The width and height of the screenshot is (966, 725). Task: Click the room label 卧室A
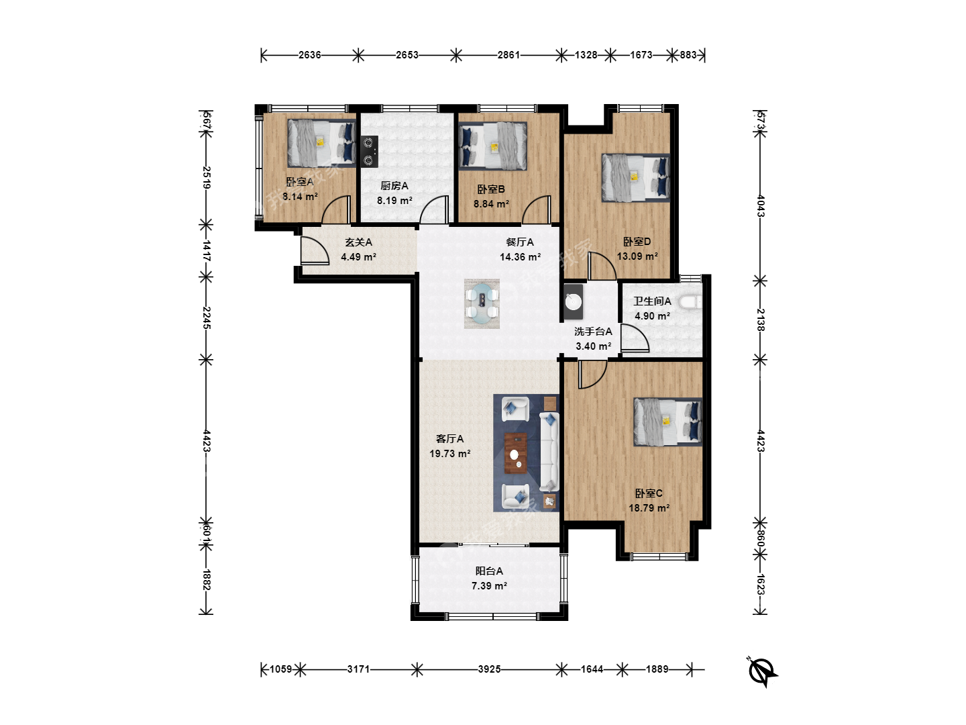coord(300,182)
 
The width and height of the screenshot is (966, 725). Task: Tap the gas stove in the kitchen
coord(369,152)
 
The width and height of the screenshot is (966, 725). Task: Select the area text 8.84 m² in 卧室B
coord(491,204)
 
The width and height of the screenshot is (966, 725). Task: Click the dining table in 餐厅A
coord(482,303)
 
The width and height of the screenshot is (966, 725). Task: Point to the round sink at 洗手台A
coord(574,302)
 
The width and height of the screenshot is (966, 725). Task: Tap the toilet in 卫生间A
coord(690,302)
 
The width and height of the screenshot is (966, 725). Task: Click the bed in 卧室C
coord(667,422)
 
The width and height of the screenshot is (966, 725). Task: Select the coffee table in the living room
coord(515,453)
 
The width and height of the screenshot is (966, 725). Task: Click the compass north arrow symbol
coord(763,672)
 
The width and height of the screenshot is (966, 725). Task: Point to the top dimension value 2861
coord(508,55)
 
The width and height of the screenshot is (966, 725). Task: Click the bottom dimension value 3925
coord(490,669)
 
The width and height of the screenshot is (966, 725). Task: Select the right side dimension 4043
coord(761,206)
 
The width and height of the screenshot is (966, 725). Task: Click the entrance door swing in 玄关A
coord(315,251)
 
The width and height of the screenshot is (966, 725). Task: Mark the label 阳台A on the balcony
coord(489,571)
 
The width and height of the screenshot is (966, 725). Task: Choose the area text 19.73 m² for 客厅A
coord(449,453)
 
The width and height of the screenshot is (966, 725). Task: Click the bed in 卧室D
coord(635,178)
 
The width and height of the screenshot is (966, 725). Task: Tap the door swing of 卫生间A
coord(635,338)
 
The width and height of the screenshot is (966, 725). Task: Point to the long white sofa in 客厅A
coord(549,452)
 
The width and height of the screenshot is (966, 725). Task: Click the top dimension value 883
coord(688,55)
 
